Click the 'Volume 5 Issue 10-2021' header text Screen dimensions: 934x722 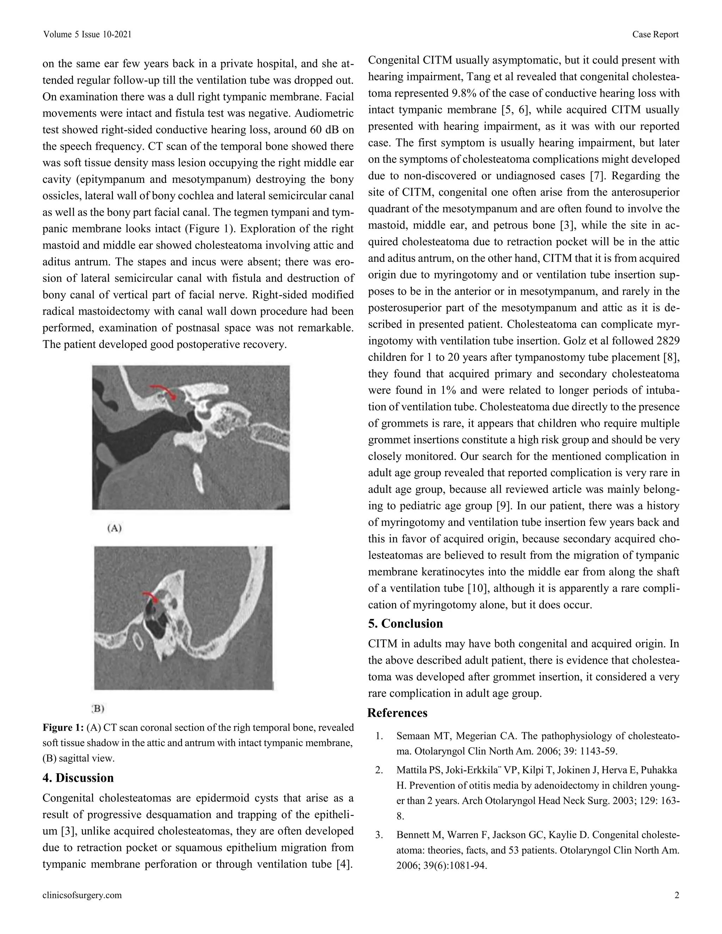tap(87, 35)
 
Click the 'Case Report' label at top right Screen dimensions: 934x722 tap(655, 35)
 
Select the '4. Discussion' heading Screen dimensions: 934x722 tap(78, 778)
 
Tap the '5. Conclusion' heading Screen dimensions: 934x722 tap(405, 623)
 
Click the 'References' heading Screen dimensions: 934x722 tap(397, 713)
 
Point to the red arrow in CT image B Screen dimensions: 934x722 tap(151, 597)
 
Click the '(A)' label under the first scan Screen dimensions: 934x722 tap(114, 528)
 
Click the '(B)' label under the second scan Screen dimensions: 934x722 tap(98, 709)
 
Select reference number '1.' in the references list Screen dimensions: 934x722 tap(379, 736)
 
